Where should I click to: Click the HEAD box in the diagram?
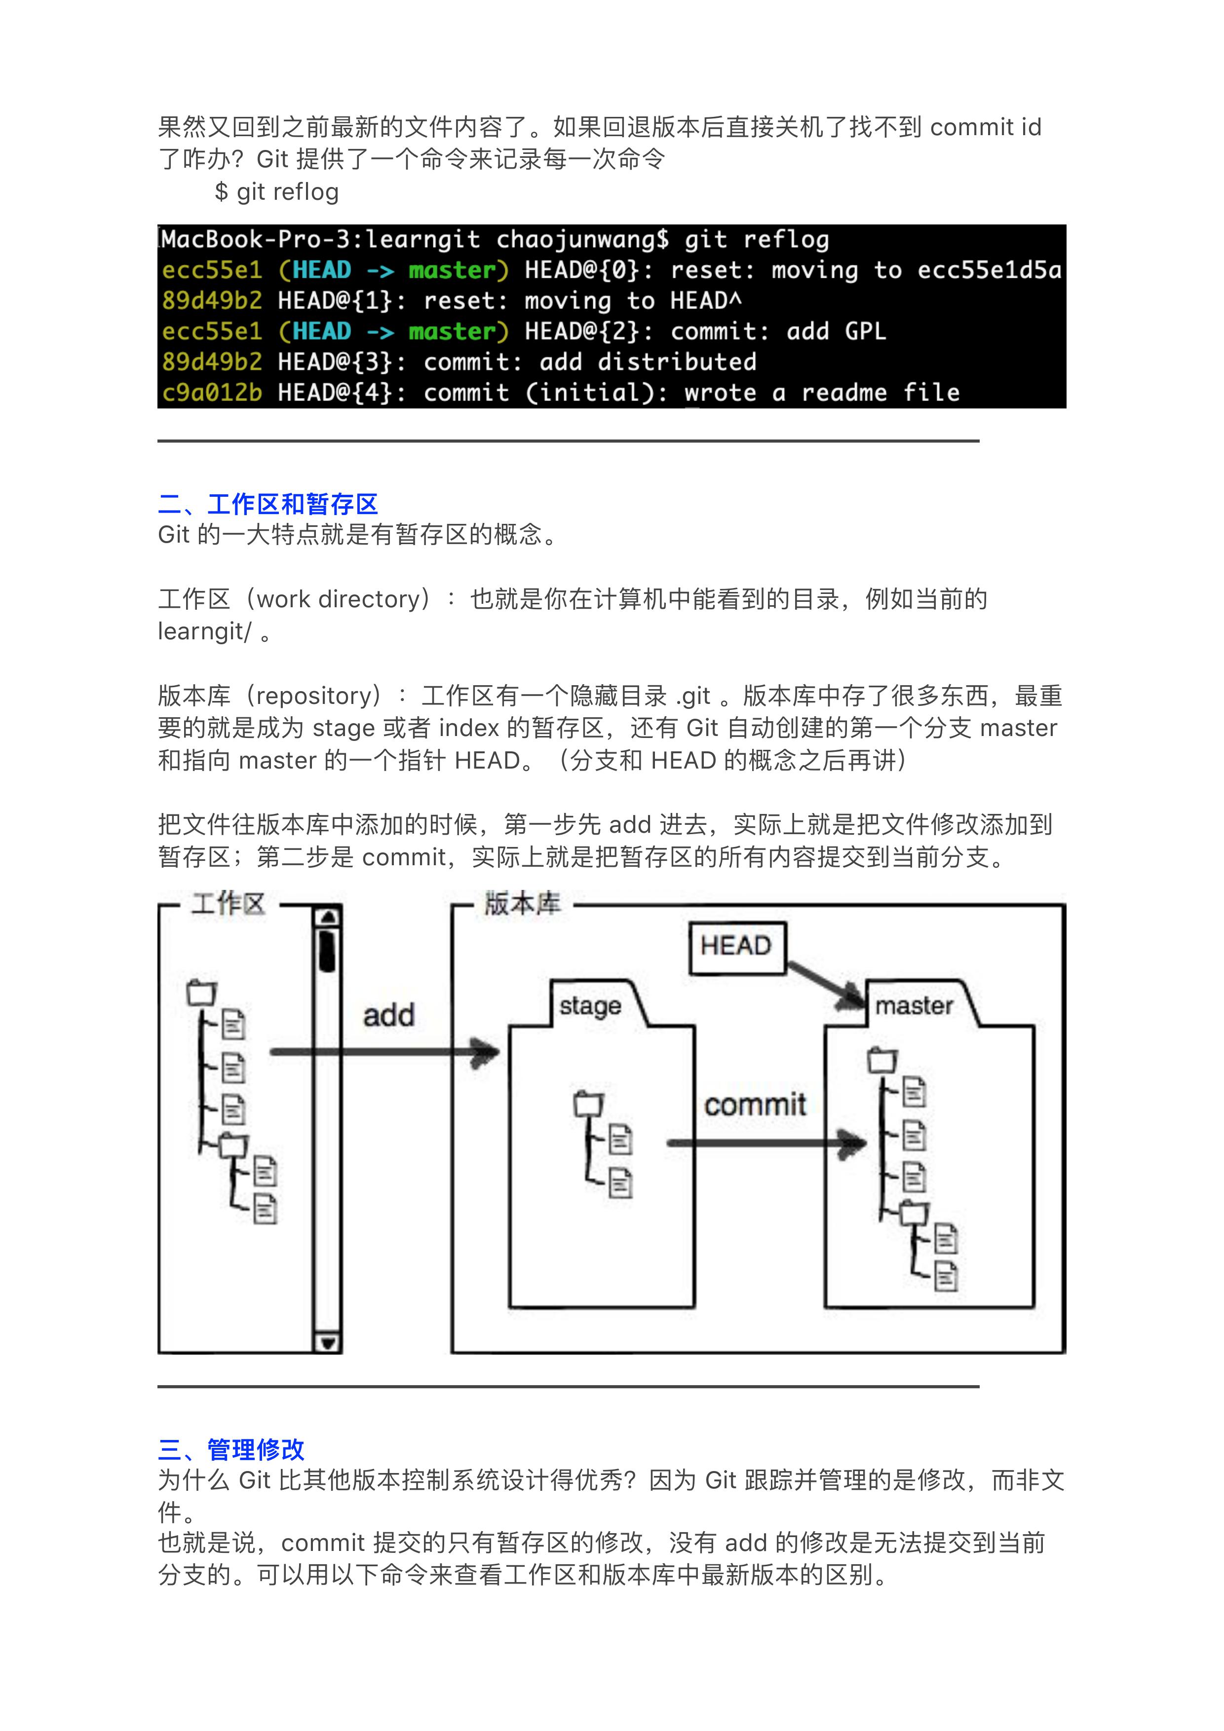pyautogui.click(x=737, y=947)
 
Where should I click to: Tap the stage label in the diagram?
pyautogui.click(x=590, y=1006)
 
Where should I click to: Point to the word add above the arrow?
pyautogui.click(x=388, y=1016)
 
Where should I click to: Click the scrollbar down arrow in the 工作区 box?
pyautogui.click(x=327, y=1343)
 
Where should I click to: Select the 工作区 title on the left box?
pyautogui.click(x=228, y=904)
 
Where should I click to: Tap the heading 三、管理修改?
pyautogui.click(x=231, y=1449)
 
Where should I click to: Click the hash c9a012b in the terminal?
pyautogui.click(x=212, y=393)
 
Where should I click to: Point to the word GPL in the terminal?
pyautogui.click(x=865, y=331)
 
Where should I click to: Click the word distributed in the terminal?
pyautogui.click(x=677, y=362)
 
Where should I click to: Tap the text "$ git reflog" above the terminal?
pyautogui.click(x=277, y=192)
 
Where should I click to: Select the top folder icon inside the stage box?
pyautogui.click(x=588, y=1105)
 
